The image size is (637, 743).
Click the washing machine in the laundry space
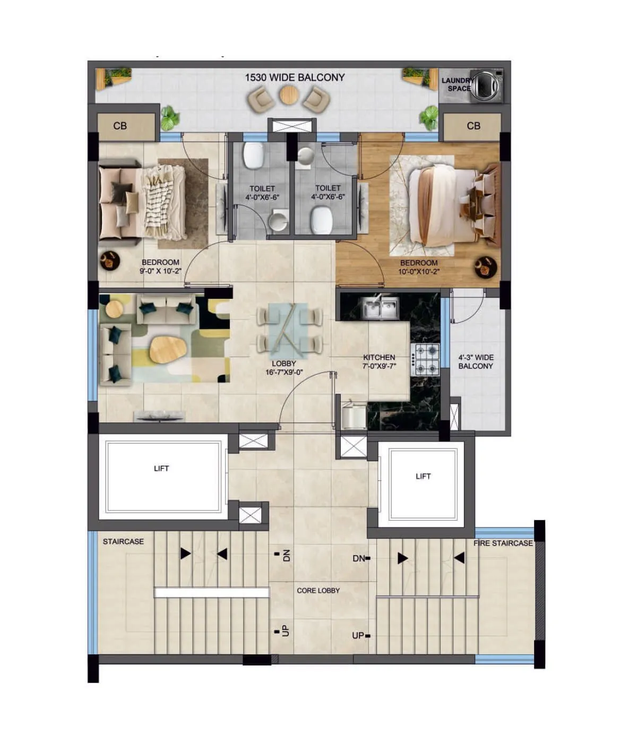(487, 85)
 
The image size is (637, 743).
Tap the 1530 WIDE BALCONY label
(295, 77)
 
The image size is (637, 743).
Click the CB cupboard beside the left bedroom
(120, 126)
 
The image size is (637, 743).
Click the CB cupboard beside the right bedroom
(474, 126)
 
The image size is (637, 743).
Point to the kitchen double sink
(380, 308)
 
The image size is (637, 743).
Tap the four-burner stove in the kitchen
(427, 359)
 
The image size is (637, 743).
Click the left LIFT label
(161, 469)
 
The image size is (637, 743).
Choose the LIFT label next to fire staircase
(423, 477)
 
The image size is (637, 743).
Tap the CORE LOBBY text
(318, 591)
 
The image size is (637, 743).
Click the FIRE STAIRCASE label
(503, 543)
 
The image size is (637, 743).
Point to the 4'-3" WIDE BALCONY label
(476, 362)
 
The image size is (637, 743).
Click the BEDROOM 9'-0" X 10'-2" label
(160, 266)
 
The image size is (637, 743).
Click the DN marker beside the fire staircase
(359, 558)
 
